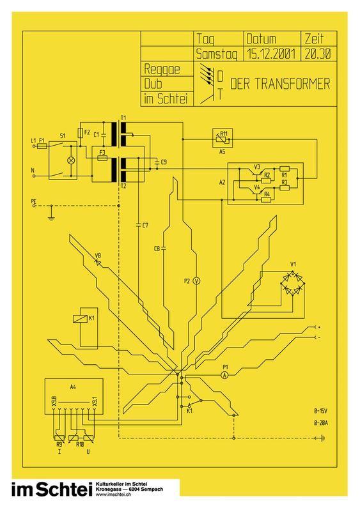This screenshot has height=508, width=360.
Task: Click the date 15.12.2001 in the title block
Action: (x=271, y=54)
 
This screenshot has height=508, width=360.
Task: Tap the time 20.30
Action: (x=318, y=54)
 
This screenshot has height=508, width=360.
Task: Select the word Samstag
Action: (x=217, y=54)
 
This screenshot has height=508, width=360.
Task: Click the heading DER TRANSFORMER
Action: (x=280, y=84)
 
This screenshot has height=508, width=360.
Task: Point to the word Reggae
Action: (x=162, y=70)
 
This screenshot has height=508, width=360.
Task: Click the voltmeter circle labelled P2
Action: (x=196, y=281)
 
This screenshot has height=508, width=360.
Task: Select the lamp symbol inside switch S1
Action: (x=70, y=160)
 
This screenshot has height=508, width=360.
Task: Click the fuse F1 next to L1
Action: (x=42, y=146)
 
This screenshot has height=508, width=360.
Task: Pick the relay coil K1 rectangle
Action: (x=80, y=318)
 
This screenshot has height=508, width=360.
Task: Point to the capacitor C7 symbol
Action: (x=139, y=224)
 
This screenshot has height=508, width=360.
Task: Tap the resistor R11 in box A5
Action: (x=222, y=139)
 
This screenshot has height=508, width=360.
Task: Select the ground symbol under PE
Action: (x=51, y=218)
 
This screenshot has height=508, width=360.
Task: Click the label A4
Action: (x=74, y=387)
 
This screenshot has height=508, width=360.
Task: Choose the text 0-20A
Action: (x=321, y=423)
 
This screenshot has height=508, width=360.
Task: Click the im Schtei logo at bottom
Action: (x=50, y=489)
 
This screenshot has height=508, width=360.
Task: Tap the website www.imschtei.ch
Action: (x=114, y=495)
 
